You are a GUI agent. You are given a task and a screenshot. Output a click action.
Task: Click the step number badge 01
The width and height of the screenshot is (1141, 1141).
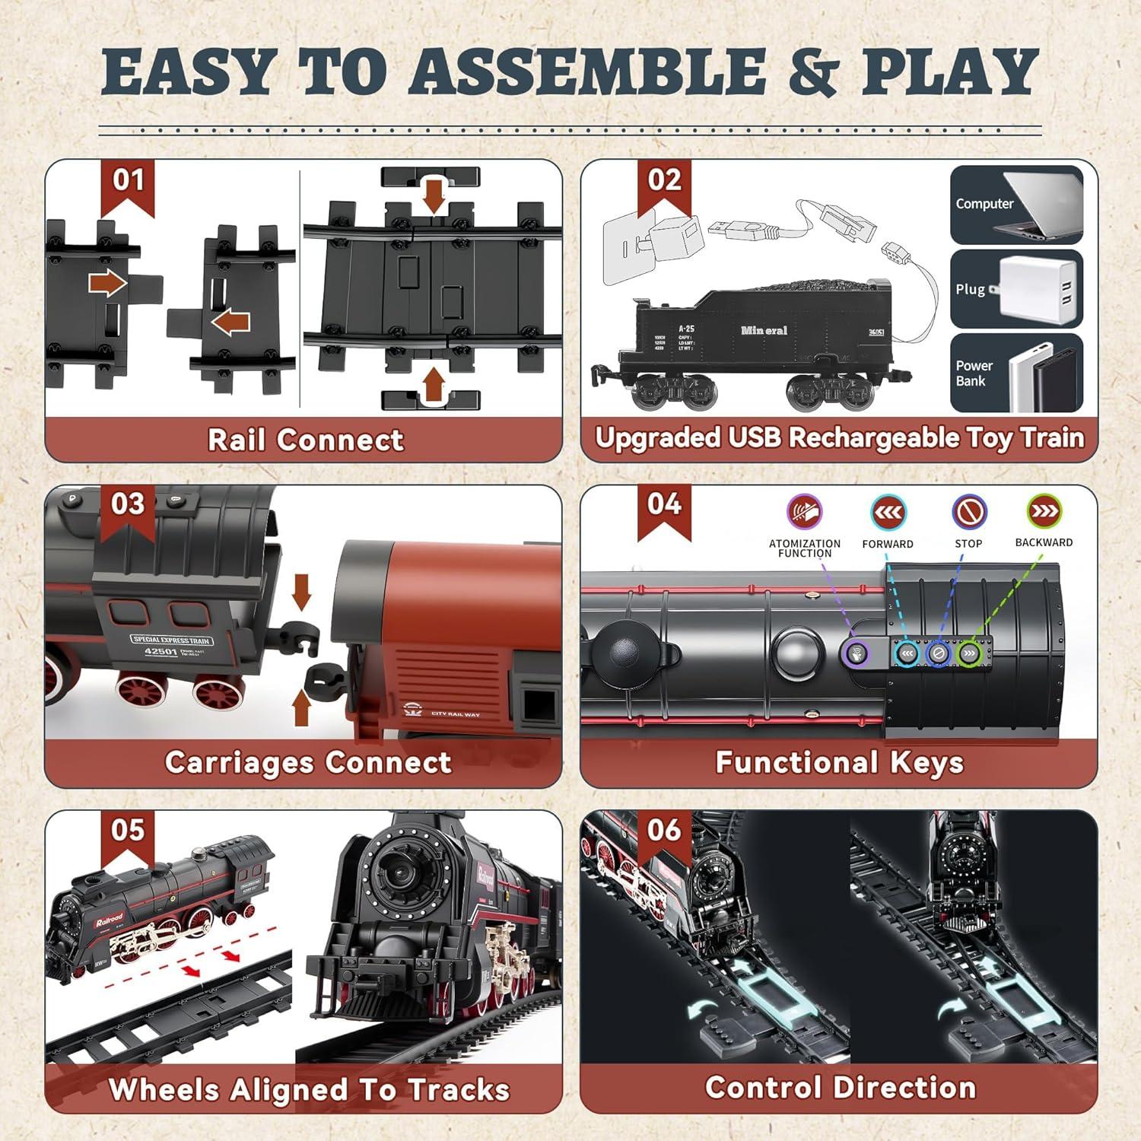(128, 182)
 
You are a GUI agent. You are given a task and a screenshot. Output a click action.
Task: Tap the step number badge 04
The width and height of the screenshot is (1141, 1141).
(664, 505)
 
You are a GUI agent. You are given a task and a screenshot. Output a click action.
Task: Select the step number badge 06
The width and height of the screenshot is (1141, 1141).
(664, 831)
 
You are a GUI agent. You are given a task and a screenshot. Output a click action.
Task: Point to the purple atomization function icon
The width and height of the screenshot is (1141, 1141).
(804, 511)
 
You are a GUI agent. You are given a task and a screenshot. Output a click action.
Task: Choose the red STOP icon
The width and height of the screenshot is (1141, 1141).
(968, 512)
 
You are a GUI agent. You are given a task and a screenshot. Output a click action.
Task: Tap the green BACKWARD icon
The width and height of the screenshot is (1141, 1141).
(1044, 511)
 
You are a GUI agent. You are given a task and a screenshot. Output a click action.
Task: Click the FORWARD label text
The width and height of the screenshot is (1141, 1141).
(887, 544)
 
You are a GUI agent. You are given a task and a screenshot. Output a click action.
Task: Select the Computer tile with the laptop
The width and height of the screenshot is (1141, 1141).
(1016, 205)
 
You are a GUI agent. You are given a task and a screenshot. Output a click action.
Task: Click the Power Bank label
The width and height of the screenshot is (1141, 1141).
(974, 373)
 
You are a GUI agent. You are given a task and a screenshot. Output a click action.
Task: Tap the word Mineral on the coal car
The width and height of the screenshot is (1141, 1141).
(764, 331)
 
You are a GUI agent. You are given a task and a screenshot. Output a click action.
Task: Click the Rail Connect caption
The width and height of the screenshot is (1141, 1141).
(305, 440)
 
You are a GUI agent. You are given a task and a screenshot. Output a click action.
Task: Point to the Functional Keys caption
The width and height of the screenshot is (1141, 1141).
(839, 762)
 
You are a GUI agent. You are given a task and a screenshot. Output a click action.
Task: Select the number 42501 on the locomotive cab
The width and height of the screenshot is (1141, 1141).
(161, 651)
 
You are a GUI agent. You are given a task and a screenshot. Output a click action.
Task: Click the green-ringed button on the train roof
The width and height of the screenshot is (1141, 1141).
(968, 653)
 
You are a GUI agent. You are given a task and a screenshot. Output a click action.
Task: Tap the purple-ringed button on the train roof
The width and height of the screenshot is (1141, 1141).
(857, 653)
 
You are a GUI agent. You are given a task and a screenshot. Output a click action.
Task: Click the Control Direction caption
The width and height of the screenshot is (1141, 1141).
(840, 1088)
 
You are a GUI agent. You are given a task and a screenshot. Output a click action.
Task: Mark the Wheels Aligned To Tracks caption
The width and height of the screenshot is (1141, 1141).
(309, 1089)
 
